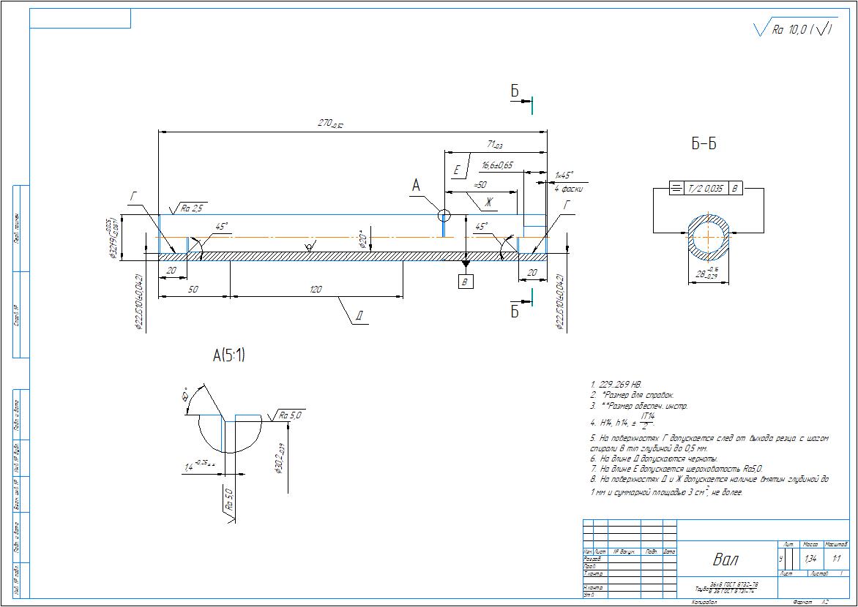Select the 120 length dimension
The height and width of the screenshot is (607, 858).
(316, 290)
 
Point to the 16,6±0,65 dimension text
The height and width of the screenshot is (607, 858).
(497, 166)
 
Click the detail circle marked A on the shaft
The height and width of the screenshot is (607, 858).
(444, 215)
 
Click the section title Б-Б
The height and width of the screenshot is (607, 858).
(704, 145)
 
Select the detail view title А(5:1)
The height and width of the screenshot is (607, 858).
(229, 356)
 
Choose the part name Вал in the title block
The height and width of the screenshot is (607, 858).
(725, 560)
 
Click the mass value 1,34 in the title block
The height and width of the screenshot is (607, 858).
(810, 559)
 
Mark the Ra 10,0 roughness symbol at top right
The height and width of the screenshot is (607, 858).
(795, 30)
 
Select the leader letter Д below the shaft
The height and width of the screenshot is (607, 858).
(359, 317)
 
